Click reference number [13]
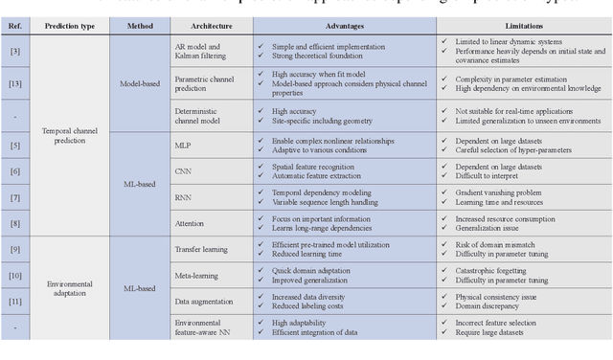[x=14, y=83]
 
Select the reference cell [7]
[x=14, y=197]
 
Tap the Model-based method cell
[x=134, y=83]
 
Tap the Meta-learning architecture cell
[x=200, y=276]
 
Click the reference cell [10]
[x=14, y=276]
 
